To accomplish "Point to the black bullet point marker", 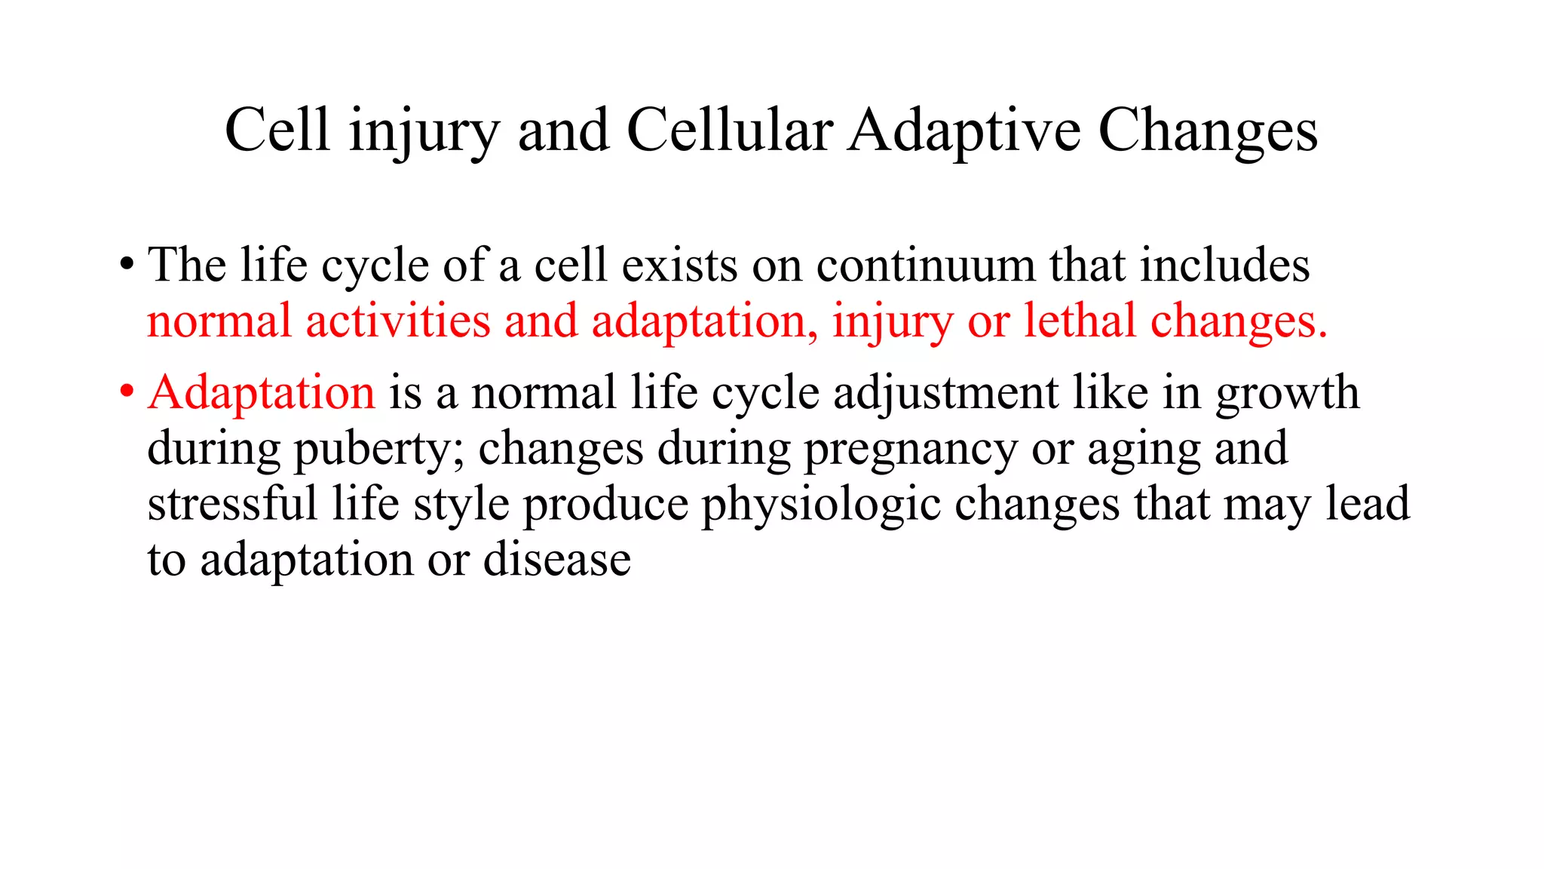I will [127, 265].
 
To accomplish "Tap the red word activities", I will [398, 321].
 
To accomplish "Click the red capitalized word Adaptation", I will [261, 392].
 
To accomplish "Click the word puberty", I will [379, 450].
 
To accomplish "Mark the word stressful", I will [232, 504].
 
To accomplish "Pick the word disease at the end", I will [556, 560].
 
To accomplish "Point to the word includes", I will [1224, 266].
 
